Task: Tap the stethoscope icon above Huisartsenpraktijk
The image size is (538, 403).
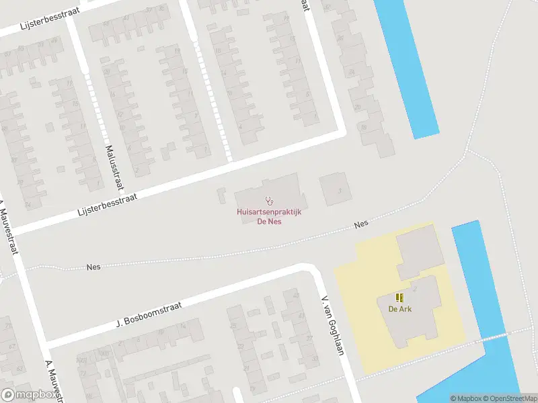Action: pos(270,200)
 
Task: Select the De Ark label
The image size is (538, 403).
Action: pos(399,309)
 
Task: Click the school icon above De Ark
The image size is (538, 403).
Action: pos(399,298)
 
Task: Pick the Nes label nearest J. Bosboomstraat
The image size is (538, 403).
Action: pos(93,267)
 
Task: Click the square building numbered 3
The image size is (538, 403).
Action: pos(334,189)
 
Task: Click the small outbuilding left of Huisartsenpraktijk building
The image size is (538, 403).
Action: pos(222,196)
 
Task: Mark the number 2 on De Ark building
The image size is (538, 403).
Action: pos(415,288)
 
